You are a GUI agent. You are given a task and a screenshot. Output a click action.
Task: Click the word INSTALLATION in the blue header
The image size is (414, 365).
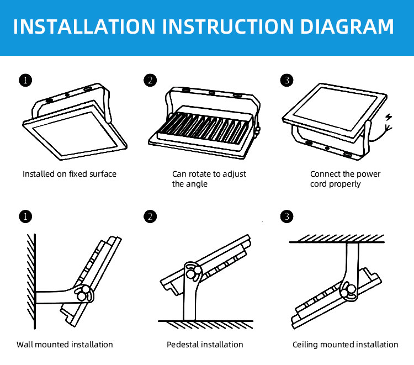pos(84,27)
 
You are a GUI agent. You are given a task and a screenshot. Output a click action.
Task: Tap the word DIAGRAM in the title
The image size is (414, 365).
pos(347,27)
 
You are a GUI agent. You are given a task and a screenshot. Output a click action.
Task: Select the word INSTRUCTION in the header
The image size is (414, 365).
pos(228,27)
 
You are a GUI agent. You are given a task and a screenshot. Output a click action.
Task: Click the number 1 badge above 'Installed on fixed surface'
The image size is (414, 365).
pos(25,80)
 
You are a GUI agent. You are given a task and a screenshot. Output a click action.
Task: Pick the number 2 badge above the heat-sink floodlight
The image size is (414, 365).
pos(150,80)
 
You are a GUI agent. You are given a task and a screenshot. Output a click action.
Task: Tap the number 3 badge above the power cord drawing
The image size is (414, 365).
pos(286,80)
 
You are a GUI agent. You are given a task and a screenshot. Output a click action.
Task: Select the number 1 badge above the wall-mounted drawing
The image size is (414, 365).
pos(25,216)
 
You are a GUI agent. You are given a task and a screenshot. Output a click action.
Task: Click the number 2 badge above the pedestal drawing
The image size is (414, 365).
pos(150,216)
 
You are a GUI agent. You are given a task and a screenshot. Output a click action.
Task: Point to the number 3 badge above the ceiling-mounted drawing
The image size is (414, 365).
pos(286,216)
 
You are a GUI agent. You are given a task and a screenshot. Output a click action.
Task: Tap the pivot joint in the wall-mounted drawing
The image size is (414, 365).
pos(83,293)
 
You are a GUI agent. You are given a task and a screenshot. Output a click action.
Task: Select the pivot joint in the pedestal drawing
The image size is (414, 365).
pos(193,272)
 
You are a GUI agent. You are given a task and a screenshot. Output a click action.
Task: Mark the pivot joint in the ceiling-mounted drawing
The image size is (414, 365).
pos(348,291)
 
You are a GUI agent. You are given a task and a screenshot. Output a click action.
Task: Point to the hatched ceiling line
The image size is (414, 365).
pos(337,239)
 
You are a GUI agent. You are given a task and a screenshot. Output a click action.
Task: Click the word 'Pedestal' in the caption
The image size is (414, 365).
pos(182,345)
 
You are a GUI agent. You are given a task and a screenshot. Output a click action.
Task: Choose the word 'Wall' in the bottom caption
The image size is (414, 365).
pos(25,345)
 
